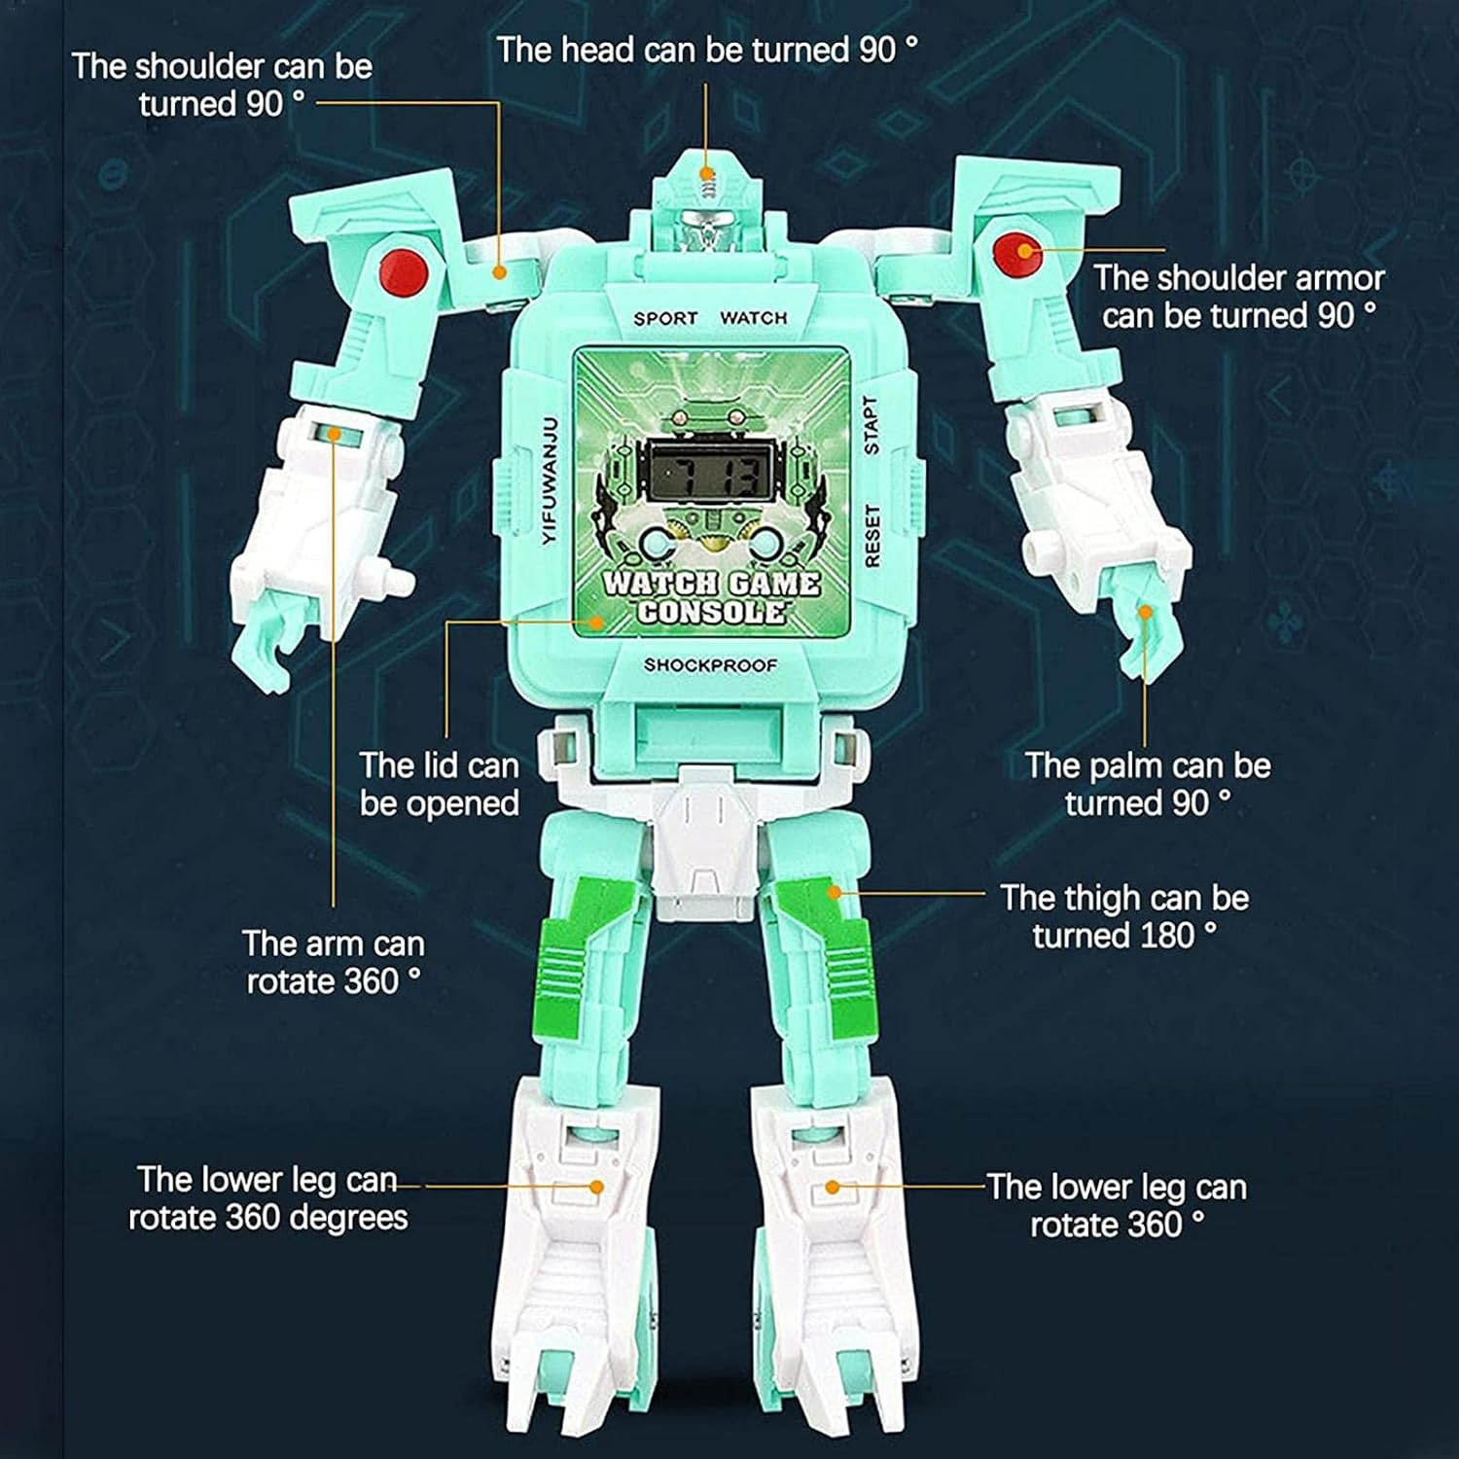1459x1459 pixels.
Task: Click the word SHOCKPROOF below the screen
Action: click(711, 665)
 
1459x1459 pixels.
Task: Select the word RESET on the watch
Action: click(872, 535)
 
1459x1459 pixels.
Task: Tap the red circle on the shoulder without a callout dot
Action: click(405, 269)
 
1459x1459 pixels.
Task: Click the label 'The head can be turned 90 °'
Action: click(708, 51)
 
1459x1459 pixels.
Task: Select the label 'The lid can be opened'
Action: click(440, 784)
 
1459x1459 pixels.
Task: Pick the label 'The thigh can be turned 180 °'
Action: click(1124, 916)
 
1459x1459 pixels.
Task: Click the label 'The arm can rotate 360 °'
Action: click(334, 962)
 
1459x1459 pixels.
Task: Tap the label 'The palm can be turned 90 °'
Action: click(1148, 784)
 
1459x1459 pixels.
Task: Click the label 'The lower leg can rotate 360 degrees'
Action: click(267, 1198)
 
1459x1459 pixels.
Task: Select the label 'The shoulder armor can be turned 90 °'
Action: click(1239, 297)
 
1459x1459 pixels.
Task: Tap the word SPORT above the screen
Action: click(666, 318)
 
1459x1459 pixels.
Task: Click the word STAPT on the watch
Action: click(872, 425)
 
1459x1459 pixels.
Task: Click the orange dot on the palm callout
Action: click(1146, 612)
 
